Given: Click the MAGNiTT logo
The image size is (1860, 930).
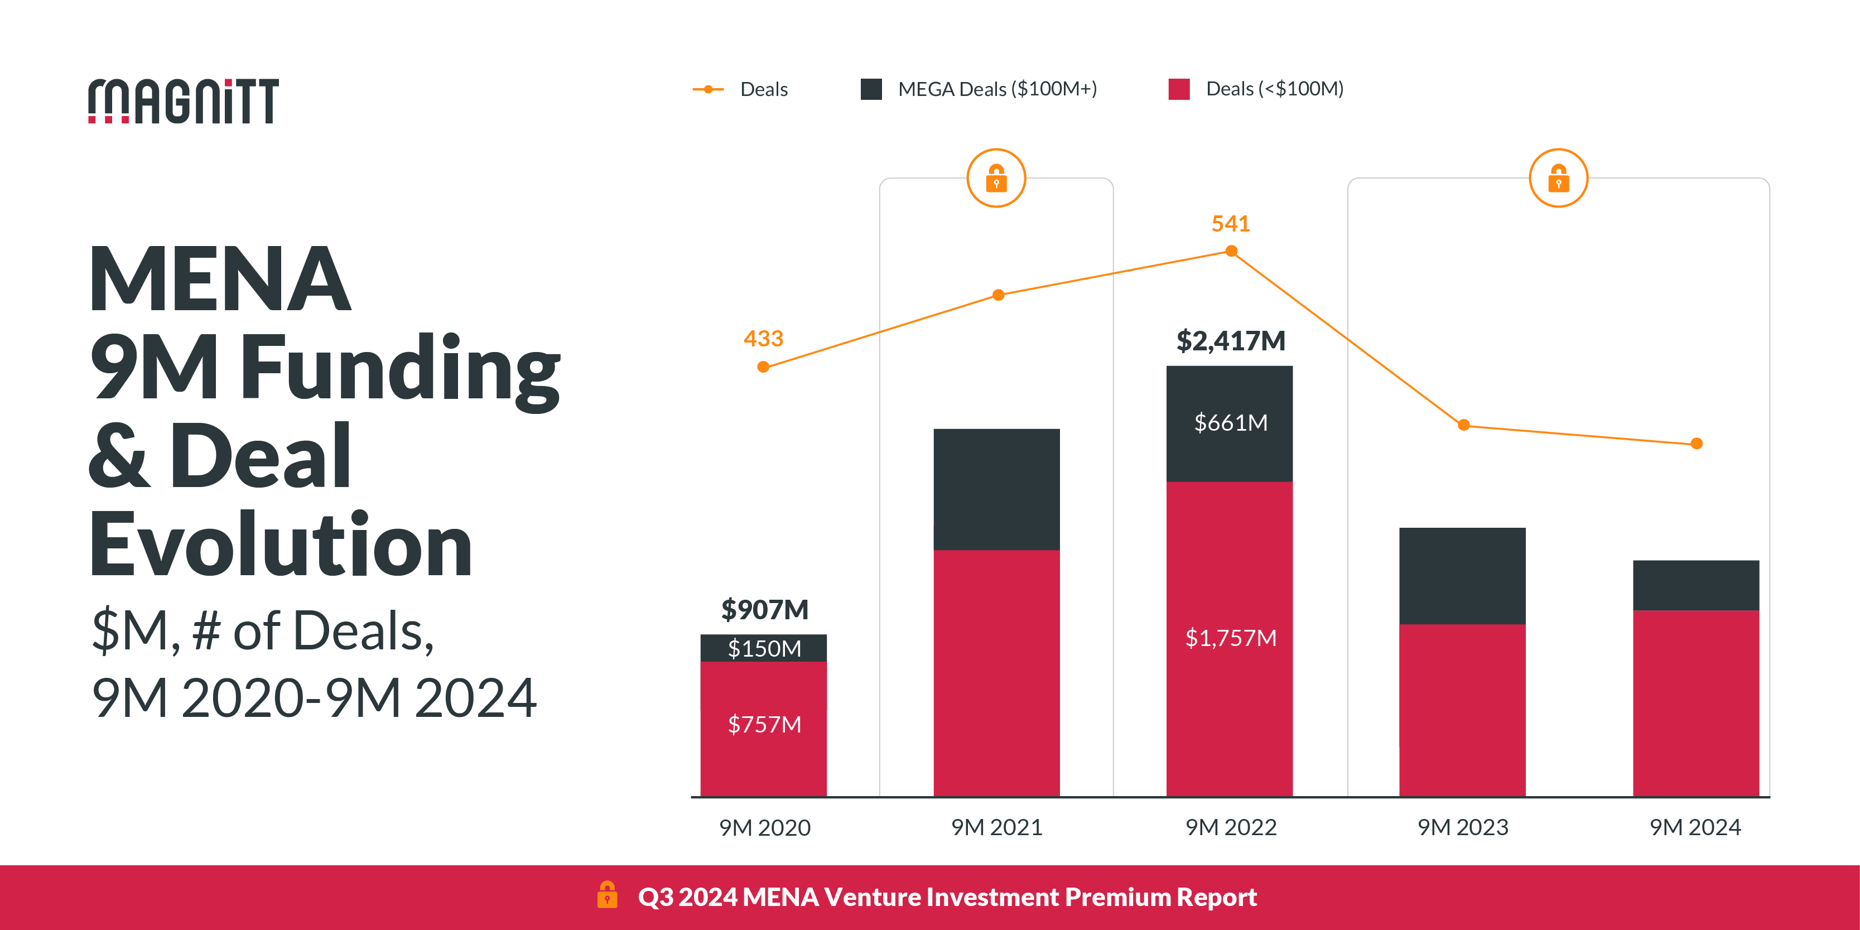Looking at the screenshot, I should [184, 101].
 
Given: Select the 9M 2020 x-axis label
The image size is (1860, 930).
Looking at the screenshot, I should [765, 827].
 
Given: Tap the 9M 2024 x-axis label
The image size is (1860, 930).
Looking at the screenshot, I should [1695, 827].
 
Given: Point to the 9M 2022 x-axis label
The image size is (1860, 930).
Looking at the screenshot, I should [1231, 827].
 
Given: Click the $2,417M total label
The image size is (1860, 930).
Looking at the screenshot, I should [1231, 341].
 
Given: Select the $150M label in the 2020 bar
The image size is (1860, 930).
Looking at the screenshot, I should [765, 648].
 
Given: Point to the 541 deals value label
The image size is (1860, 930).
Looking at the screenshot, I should [1231, 224].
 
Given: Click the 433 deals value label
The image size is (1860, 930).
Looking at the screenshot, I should [763, 339].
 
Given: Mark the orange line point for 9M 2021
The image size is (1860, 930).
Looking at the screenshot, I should [999, 295].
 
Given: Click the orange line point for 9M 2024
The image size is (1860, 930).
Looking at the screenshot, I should [1697, 444].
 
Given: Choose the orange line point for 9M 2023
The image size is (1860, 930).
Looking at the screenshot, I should [1463, 425].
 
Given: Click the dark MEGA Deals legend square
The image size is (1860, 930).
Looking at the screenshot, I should [871, 89].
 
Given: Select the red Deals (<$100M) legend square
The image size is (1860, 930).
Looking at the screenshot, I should [1179, 89].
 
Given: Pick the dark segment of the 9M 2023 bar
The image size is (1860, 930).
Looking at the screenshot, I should [1462, 576].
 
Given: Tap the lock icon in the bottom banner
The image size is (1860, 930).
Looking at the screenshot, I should [607, 895].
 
